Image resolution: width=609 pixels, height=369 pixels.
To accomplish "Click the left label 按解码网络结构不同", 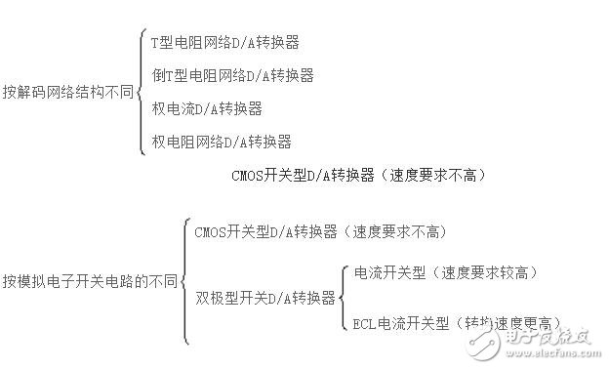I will click(66, 94).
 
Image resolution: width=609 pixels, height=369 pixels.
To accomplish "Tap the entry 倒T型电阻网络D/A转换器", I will click(232, 74).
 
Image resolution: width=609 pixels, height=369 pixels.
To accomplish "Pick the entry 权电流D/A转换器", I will click(206, 107).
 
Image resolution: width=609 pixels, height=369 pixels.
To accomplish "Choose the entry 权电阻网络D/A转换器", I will click(221, 142).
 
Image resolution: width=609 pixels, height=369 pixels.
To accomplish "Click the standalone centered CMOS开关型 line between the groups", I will click(358, 176).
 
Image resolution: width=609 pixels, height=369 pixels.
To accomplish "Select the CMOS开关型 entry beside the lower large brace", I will click(320, 231).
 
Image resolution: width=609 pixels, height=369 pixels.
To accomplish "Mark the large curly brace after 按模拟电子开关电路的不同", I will click(184, 281).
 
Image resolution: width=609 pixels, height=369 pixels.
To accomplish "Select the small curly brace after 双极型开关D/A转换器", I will click(342, 297).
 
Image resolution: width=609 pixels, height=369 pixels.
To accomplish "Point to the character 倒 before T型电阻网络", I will click(157, 74).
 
